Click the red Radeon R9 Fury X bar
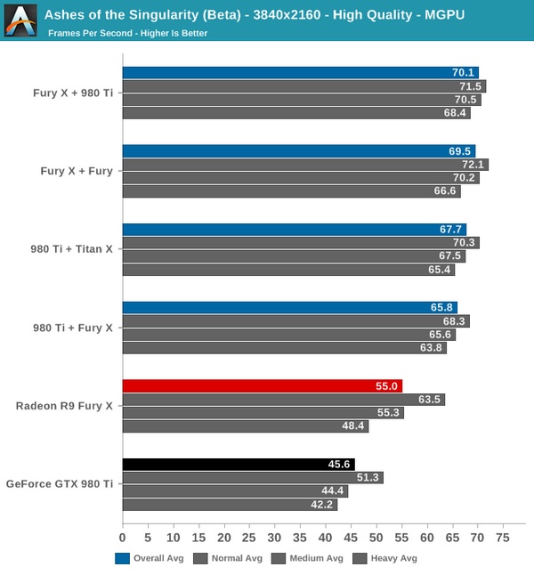[x=262, y=386]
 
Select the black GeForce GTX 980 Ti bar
[x=239, y=465]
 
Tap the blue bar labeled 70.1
[x=300, y=73]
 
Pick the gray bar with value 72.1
[x=305, y=165]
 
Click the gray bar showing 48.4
[x=245, y=426]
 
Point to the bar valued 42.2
[x=230, y=505]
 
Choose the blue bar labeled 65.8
[x=289, y=308]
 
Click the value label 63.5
[x=430, y=400]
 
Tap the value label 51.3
[x=368, y=478]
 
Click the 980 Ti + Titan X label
[x=72, y=249]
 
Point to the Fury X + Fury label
[x=77, y=171]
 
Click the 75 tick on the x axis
[x=502, y=539]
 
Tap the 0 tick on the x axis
[x=123, y=539]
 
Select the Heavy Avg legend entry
[x=385, y=559]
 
